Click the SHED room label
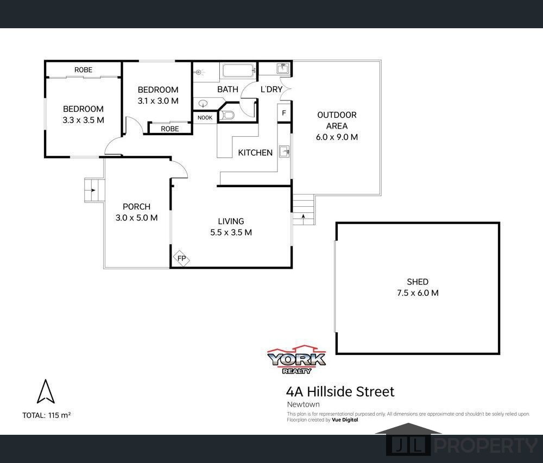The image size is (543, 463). [418, 282]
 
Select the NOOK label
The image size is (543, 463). [205, 118]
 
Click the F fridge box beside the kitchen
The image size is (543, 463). [283, 113]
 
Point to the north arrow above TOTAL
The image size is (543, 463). [46, 391]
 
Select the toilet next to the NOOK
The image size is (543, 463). [228, 115]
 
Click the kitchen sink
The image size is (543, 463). [283, 151]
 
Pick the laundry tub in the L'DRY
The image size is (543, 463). [282, 68]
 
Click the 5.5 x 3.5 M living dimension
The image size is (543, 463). [231, 232]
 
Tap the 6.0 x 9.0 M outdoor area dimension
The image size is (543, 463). [337, 137]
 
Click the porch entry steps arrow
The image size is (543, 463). [93, 190]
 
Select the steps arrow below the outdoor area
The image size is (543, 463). [303, 217]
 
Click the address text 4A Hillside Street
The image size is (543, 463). [340, 391]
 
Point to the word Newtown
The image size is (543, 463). [303, 404]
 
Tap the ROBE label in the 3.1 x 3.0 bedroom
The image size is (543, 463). [169, 129]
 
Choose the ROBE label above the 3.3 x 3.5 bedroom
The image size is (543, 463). [83, 70]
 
